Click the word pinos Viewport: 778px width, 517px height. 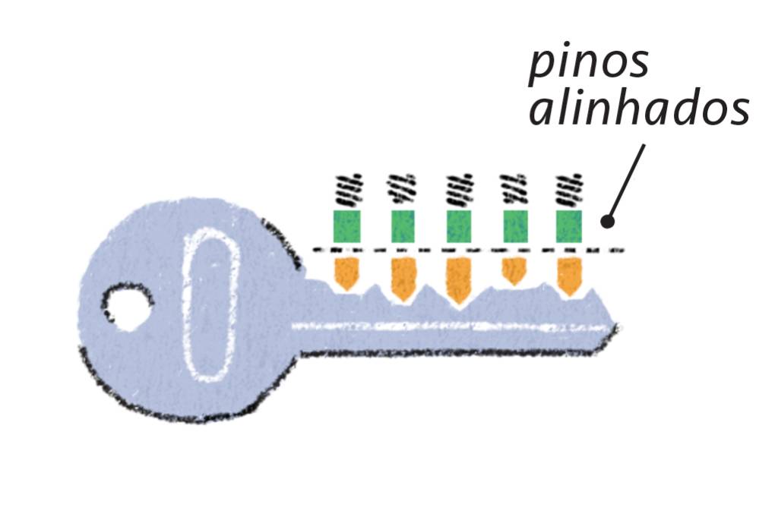click(x=589, y=64)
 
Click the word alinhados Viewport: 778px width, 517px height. click(x=639, y=111)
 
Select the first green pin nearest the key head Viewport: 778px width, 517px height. click(x=346, y=226)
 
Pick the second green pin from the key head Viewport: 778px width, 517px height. click(x=403, y=226)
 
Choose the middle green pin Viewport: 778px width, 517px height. click(x=459, y=226)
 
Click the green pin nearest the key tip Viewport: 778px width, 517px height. click(x=569, y=226)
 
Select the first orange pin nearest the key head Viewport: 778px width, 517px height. click(x=346, y=273)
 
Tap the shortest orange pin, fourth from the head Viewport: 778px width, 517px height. click(x=514, y=270)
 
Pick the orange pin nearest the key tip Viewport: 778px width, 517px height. click(x=569, y=275)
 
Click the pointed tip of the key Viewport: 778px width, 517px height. click(x=617, y=328)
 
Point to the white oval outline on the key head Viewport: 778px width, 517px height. click(x=187, y=304)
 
